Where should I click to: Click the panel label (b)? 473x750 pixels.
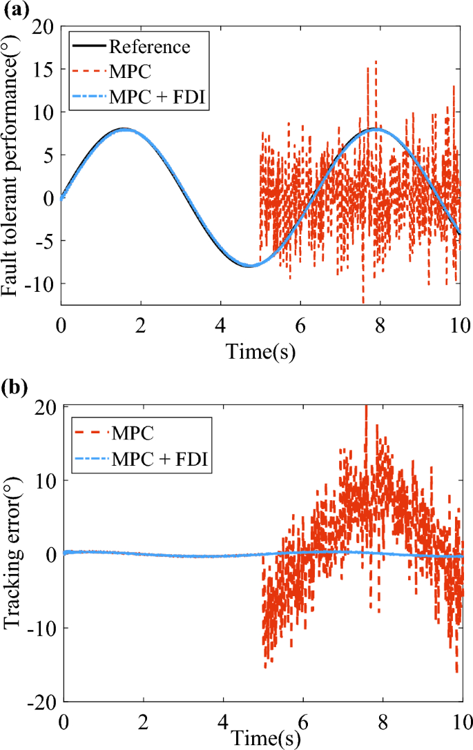15,386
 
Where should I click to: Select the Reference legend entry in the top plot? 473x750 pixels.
149,47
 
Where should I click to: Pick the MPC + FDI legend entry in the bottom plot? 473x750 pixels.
160,459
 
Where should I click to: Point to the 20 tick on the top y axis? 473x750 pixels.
44,26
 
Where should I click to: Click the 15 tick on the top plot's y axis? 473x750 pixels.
44,69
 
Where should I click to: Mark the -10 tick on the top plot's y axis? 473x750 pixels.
39,284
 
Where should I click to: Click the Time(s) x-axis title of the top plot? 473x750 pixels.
261,353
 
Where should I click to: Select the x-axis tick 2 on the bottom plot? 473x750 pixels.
143,719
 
